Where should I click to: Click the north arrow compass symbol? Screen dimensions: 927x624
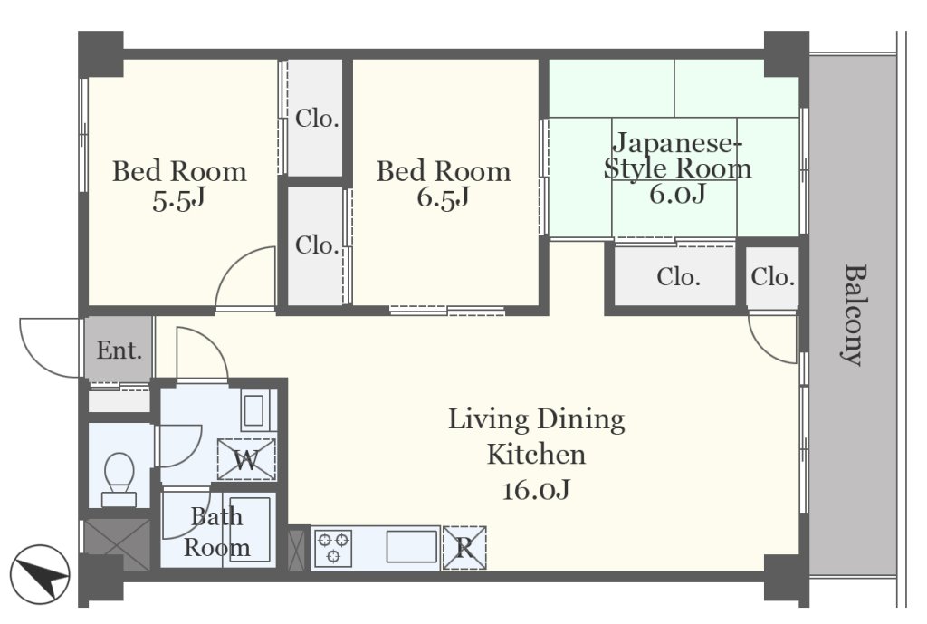point(40,574)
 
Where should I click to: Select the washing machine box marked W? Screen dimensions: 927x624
point(246,459)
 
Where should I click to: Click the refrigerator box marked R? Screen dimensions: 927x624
point(464,548)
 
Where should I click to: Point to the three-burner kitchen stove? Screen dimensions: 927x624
point(333,548)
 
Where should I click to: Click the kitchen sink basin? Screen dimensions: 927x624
point(412,546)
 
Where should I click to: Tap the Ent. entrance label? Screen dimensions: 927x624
point(119,350)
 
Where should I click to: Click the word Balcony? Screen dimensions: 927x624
point(853,314)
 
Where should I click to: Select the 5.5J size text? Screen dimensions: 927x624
point(178,200)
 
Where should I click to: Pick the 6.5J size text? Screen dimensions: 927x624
point(443,197)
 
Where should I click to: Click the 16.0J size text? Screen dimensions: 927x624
point(536,490)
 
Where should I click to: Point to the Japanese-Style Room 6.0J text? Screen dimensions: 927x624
point(677,168)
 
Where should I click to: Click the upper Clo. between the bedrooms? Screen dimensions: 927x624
point(317,119)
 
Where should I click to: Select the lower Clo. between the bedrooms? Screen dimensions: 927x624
point(317,245)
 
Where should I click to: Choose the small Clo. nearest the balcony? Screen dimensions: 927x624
point(773,277)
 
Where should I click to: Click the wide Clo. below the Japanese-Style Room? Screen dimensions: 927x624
point(679,277)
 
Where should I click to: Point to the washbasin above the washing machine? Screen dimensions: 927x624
point(253,410)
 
